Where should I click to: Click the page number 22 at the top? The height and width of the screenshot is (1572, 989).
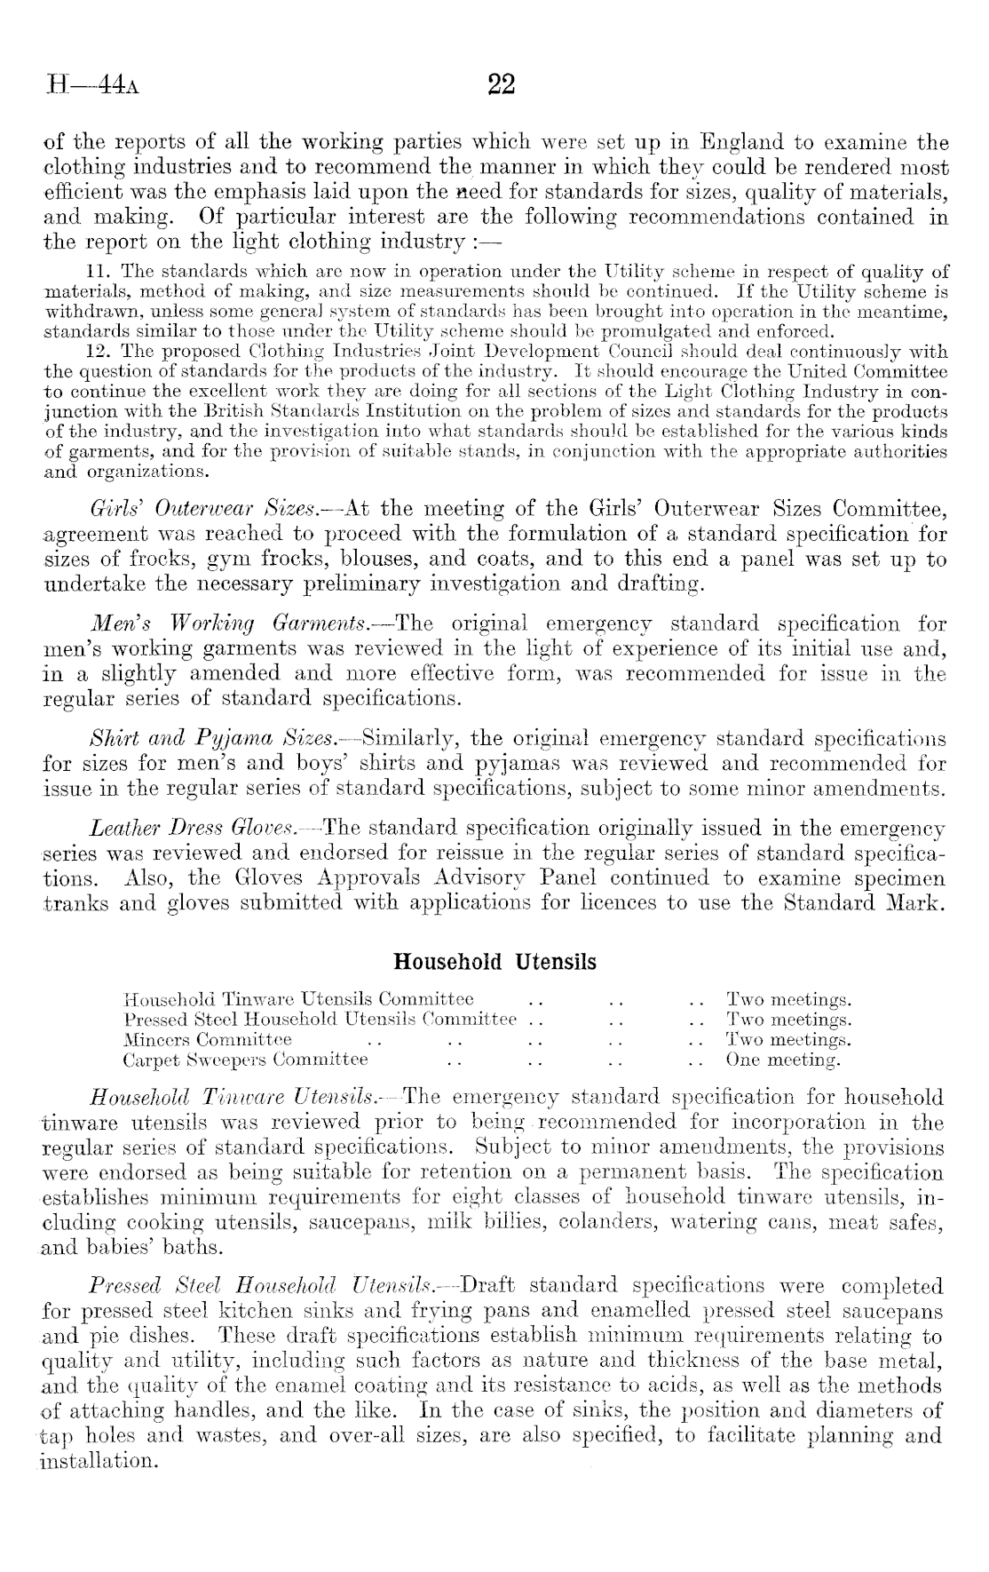tap(502, 84)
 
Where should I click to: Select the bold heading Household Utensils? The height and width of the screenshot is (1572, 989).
tap(494, 962)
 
